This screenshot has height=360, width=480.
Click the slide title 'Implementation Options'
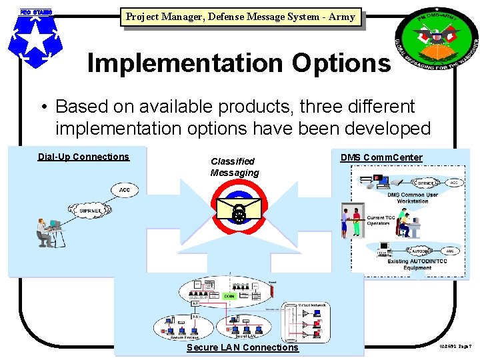[239, 63]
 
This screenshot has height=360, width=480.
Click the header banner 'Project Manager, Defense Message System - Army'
[240, 17]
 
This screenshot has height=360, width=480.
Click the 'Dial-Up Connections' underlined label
[83, 157]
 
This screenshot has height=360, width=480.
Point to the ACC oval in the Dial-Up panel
[124, 190]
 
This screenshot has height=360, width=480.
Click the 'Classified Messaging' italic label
[234, 167]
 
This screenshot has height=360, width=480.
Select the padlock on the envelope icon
[238, 213]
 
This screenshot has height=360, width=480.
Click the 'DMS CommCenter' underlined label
[381, 158]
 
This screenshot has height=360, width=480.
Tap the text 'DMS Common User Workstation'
[412, 198]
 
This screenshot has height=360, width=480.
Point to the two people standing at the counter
[352, 223]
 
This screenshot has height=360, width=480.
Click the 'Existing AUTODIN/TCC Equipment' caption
[412, 265]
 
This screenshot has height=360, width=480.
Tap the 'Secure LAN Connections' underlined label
[243, 347]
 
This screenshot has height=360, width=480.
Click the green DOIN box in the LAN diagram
[229, 295]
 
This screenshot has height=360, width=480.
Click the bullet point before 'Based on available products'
[42, 107]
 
